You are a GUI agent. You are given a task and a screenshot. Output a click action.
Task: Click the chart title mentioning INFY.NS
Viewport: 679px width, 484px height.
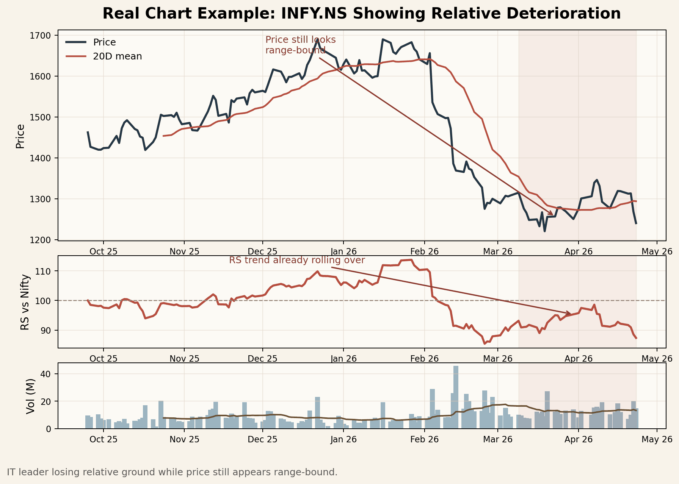(x=361, y=14)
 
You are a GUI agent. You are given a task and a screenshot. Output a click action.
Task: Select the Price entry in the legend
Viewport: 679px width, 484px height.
(x=104, y=42)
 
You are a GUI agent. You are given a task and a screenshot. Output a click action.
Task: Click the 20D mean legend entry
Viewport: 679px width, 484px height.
(x=117, y=56)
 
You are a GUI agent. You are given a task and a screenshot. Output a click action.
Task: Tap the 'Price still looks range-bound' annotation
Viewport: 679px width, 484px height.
(x=300, y=45)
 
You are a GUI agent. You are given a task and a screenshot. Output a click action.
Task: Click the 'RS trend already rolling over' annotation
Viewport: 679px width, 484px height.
(x=297, y=261)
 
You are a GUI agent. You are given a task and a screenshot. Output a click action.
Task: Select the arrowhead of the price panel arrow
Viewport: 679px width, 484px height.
(x=552, y=214)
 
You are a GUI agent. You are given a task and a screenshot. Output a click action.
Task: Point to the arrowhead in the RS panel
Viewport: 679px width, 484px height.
(x=569, y=314)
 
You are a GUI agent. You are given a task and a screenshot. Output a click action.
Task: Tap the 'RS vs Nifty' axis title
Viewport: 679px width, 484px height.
(x=25, y=302)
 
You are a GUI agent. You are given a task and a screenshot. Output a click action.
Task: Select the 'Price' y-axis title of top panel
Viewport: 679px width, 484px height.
(x=20, y=136)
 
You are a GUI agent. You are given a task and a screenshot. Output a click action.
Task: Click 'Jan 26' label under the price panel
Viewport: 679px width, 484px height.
(x=343, y=251)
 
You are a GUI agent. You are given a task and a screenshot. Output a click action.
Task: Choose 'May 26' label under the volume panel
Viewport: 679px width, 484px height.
(x=657, y=439)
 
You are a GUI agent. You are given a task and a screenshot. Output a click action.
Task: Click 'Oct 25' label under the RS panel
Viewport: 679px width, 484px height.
(x=103, y=358)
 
